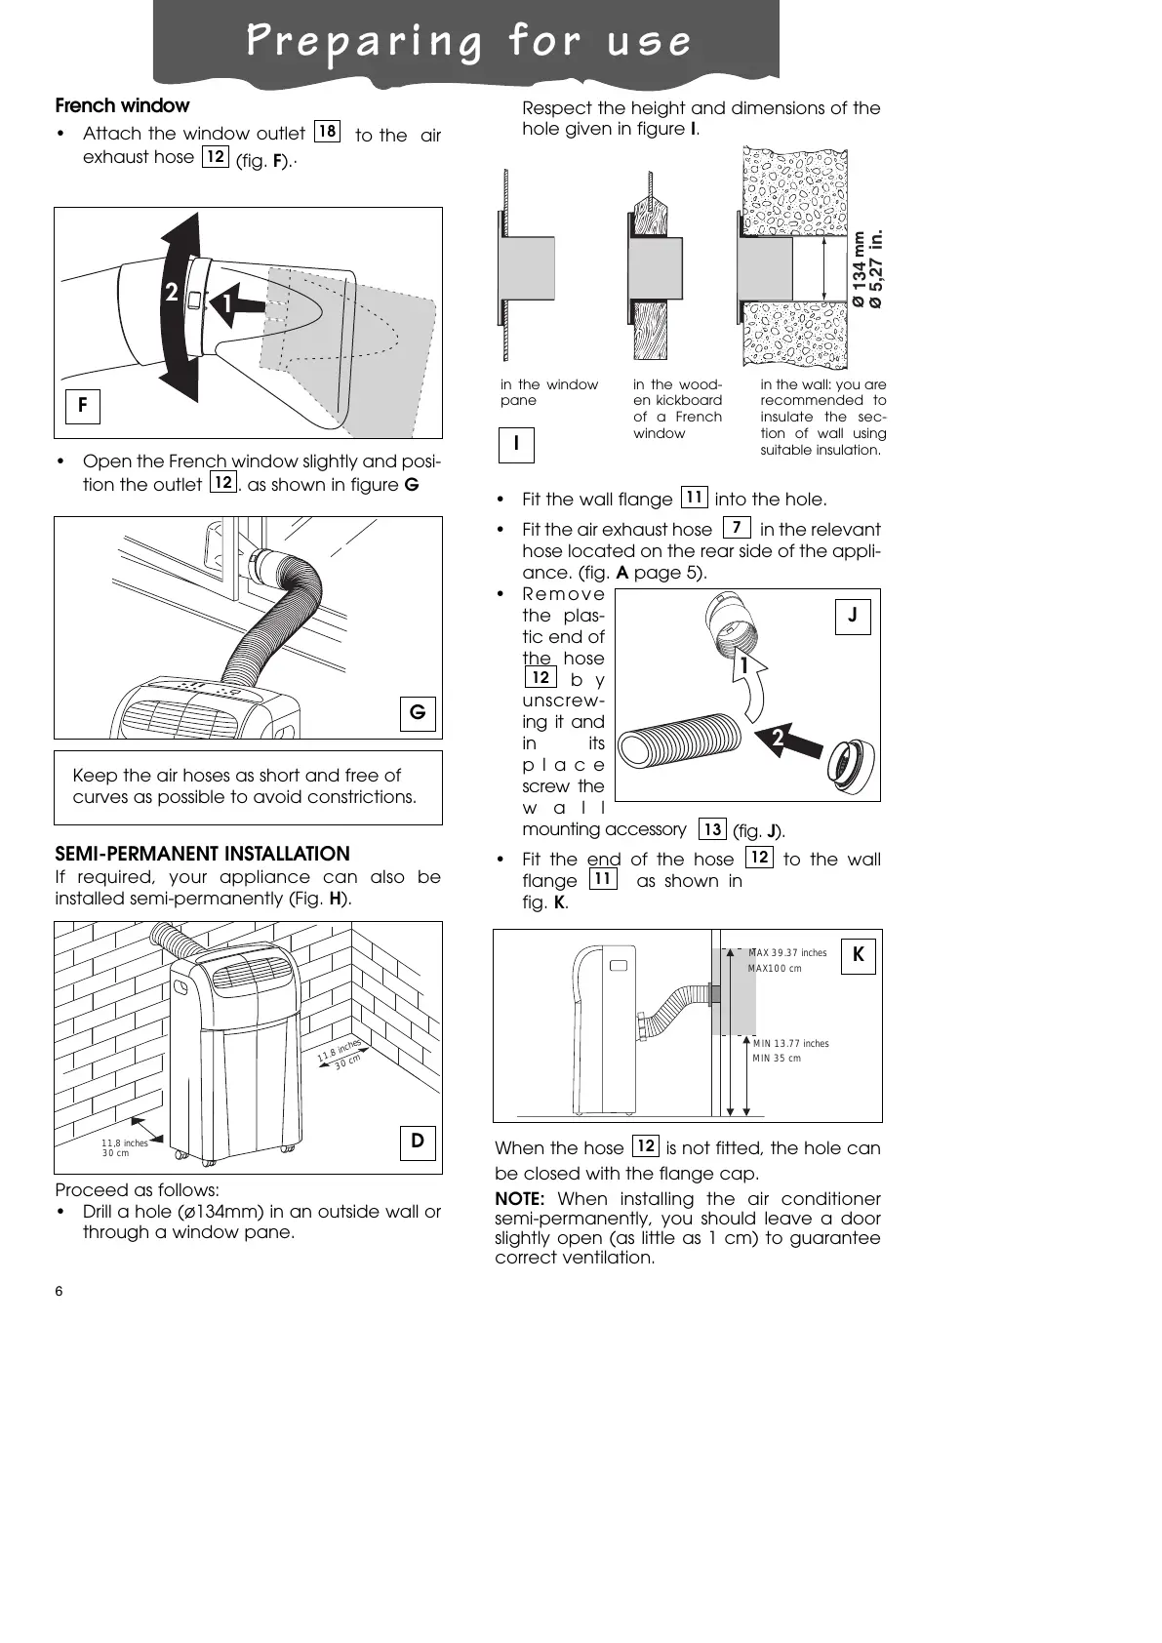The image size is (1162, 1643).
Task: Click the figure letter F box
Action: pyautogui.click(x=83, y=406)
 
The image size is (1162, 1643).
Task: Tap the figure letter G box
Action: pyautogui.click(x=418, y=713)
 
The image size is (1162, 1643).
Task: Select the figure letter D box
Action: pyautogui.click(x=418, y=1141)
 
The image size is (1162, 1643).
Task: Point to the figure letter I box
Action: pyautogui.click(x=516, y=445)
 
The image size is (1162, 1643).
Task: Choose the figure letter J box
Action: pyautogui.click(x=853, y=617)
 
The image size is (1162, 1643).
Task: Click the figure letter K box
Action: pyautogui.click(x=859, y=955)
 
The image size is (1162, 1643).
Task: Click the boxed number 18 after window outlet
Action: pyautogui.click(x=328, y=131)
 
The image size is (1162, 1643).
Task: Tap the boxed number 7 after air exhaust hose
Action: pyautogui.click(x=737, y=528)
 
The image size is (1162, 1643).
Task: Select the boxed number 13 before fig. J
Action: pyautogui.click(x=712, y=829)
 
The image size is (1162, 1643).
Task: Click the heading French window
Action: pyautogui.click(x=122, y=105)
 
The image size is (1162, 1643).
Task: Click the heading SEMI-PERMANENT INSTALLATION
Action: pyautogui.click(x=202, y=854)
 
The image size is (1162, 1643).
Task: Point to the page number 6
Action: pyautogui.click(x=59, y=1292)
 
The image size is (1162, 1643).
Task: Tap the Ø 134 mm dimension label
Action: pyautogui.click(x=859, y=269)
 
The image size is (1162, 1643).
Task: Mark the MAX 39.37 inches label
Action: pyautogui.click(x=786, y=953)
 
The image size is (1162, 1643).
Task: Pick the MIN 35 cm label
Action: pyautogui.click(x=777, y=1059)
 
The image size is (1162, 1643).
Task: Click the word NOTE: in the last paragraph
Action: pyautogui.click(x=519, y=1198)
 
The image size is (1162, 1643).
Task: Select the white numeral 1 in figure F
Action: pyautogui.click(x=226, y=305)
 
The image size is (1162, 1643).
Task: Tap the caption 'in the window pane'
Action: pyautogui.click(x=548, y=392)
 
